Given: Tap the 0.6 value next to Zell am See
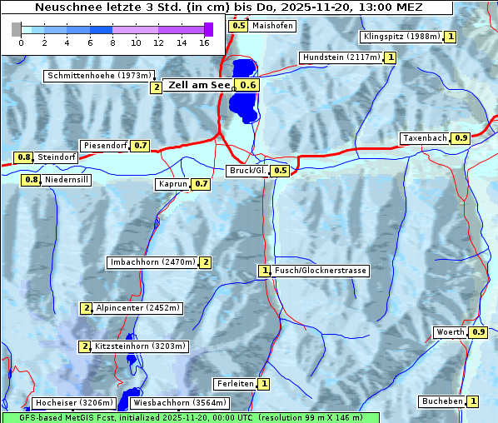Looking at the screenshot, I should [248, 85].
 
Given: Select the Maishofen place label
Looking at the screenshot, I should [272, 26].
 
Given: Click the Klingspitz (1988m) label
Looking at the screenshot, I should [401, 37].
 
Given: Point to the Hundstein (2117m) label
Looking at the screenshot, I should [341, 57].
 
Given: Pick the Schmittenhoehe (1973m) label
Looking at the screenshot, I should [97, 76].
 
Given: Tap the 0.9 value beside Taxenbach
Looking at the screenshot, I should [461, 137].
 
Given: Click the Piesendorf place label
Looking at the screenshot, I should [105, 146].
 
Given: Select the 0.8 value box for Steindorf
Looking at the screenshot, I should [23, 157].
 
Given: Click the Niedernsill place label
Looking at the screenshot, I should [66, 179].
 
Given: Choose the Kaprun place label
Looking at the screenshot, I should [172, 184].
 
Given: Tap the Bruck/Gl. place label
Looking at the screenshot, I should [247, 171].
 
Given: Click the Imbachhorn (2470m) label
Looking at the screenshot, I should [152, 262].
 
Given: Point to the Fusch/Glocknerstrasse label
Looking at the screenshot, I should [320, 271].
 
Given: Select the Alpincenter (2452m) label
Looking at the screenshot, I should [137, 308].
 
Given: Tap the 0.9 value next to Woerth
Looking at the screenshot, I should [478, 332].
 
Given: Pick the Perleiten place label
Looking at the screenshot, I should [234, 384].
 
